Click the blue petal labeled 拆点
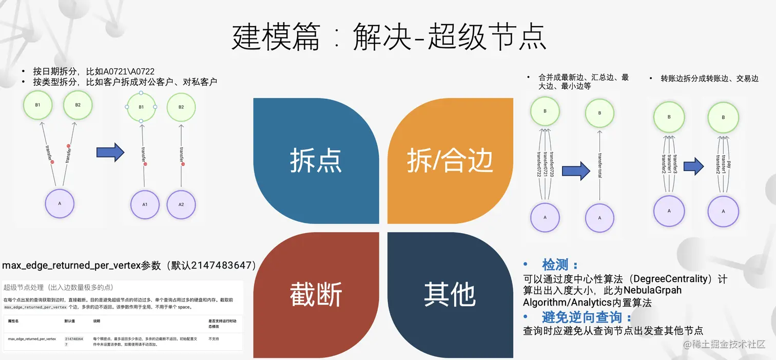tap(316, 160)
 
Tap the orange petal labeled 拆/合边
tap(450, 160)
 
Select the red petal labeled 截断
tap(316, 295)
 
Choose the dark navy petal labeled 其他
tap(450, 295)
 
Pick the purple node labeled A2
tap(181, 204)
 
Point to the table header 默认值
tap(70, 319)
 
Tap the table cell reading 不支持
tap(214, 339)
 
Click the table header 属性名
tap(13, 319)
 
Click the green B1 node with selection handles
tap(141, 107)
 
